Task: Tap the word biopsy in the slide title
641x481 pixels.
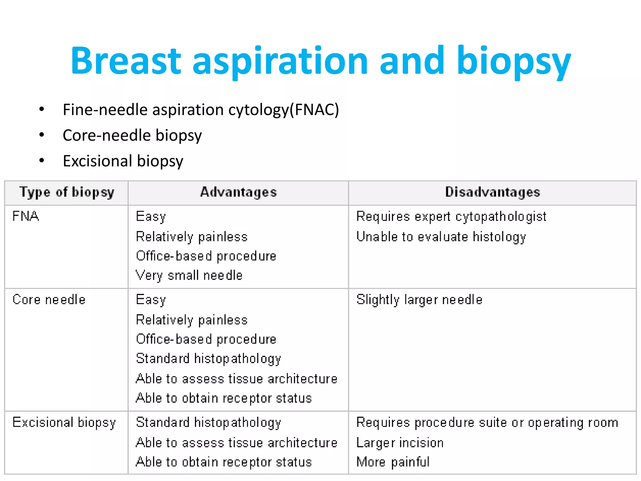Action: tap(514, 61)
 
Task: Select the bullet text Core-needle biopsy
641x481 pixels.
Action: tap(132, 135)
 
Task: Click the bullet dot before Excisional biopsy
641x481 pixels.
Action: tap(42, 160)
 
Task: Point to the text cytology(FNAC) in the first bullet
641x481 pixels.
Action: tap(284, 110)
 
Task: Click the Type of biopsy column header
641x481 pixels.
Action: tap(67, 192)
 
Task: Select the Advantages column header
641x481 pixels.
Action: tap(238, 192)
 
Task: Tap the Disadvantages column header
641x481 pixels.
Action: tap(493, 192)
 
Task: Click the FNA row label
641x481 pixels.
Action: tap(26, 216)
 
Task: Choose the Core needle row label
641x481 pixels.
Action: tap(49, 300)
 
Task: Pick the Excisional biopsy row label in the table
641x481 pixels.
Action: tap(64, 422)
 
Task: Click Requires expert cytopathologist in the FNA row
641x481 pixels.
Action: tap(451, 217)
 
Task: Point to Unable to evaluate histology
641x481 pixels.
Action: tap(441, 237)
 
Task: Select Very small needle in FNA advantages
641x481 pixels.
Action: tap(189, 276)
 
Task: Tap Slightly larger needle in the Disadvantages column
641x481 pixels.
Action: tap(419, 300)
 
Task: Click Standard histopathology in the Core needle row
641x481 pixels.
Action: tap(208, 359)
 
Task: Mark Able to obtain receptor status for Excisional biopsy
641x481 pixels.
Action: tap(224, 462)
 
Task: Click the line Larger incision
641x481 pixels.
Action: tap(400, 443)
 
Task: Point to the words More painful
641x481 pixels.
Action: tap(393, 462)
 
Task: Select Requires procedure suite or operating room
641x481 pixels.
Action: tap(487, 423)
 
